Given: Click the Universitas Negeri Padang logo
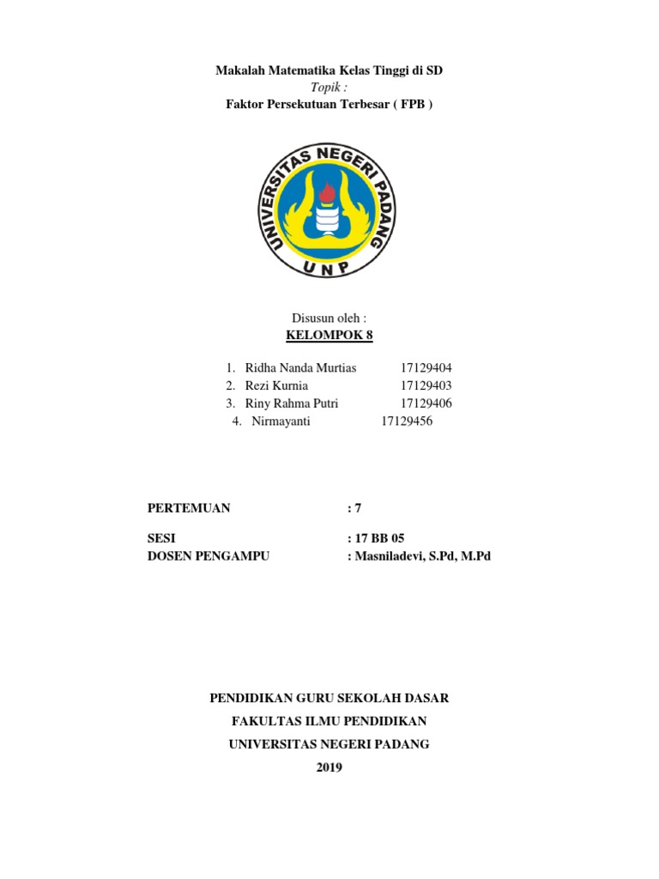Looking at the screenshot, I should (329, 209).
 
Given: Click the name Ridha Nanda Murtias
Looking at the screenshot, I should (300, 367).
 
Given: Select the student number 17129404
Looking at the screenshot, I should (426, 367).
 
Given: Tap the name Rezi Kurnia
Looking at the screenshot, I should (276, 385).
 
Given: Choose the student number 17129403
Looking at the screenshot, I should (426, 385).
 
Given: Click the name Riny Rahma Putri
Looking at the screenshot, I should (292, 403).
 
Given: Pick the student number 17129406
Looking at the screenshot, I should (426, 403).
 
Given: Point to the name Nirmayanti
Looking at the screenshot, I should (281, 421).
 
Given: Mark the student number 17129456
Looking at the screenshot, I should (406, 421).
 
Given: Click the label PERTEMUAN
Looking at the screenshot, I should (190, 508).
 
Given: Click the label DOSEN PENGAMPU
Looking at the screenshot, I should (209, 556).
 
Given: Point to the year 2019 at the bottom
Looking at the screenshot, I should (329, 767).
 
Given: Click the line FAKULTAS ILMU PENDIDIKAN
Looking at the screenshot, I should (329, 721).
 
